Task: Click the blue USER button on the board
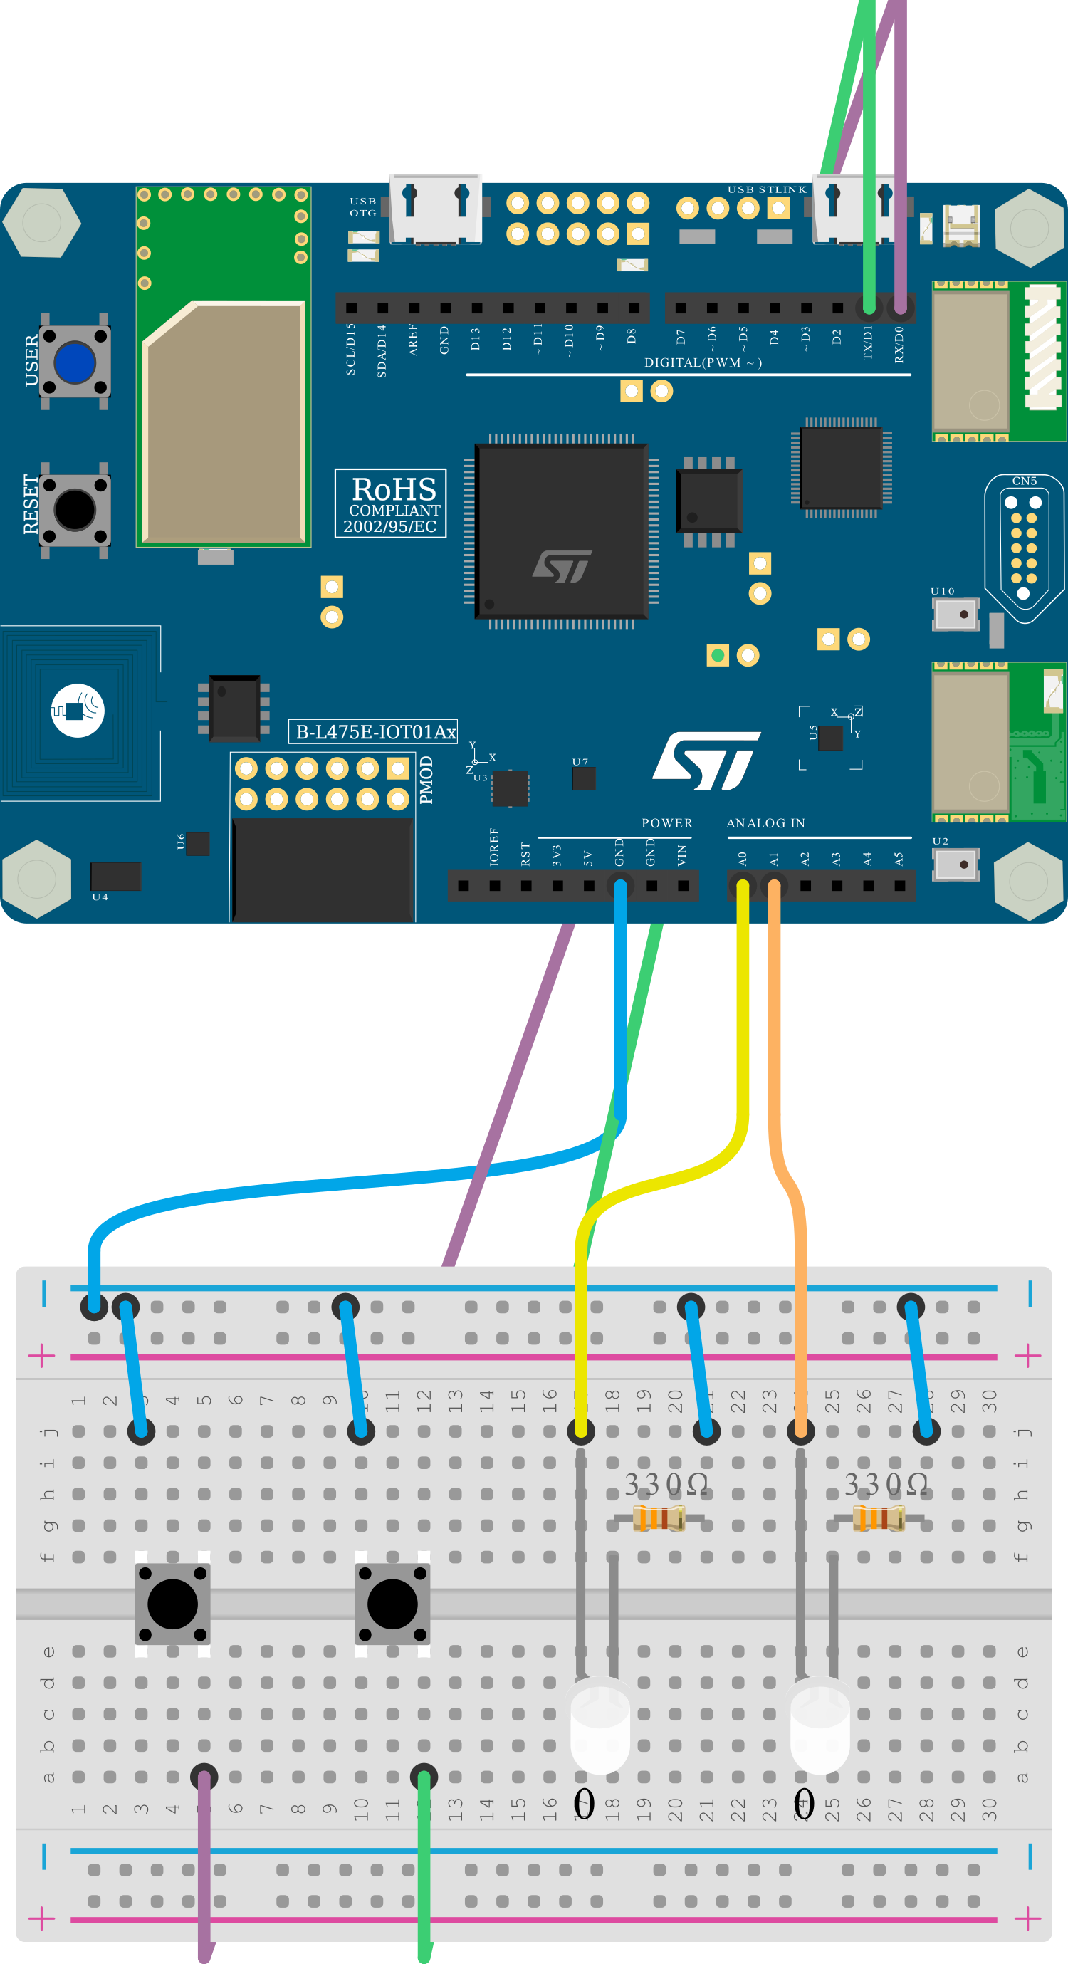(75, 362)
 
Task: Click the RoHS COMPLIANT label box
(390, 504)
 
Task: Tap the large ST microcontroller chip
(562, 531)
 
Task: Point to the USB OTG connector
(435, 209)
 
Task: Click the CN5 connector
(1023, 545)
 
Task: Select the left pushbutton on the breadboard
(172, 1604)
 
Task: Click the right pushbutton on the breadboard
(392, 1604)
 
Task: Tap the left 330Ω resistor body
(659, 1519)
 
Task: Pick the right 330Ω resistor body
(878, 1519)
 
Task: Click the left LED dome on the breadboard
(600, 1725)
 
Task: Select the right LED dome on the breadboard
(820, 1725)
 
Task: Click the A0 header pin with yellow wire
(743, 886)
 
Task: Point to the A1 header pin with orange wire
(774, 886)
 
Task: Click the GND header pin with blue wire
(619, 886)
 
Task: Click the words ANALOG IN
(765, 823)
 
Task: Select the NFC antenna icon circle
(78, 711)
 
